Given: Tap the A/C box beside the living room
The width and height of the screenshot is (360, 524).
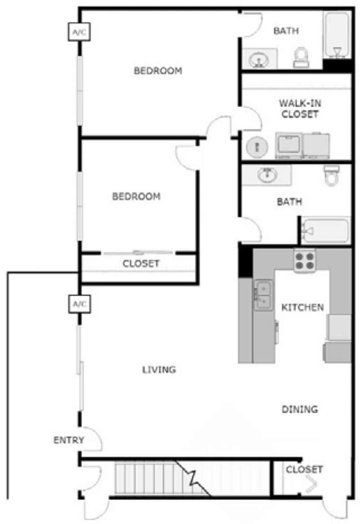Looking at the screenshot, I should click(x=79, y=304).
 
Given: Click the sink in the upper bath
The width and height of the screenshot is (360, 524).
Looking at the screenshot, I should click(x=259, y=59).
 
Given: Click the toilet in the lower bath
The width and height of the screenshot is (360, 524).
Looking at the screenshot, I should click(x=331, y=175).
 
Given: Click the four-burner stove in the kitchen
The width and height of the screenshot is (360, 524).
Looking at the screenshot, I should click(x=305, y=261).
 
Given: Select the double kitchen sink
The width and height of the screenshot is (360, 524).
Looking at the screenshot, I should click(x=263, y=295).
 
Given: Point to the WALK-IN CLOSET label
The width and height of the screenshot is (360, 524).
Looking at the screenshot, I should click(x=299, y=109).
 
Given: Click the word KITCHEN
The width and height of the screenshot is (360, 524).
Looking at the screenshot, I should click(x=302, y=307).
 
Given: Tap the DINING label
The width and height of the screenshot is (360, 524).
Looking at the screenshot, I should click(x=299, y=409).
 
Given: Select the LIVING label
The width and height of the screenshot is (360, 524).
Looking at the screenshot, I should click(x=159, y=370).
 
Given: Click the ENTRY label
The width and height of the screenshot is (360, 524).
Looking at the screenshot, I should click(x=69, y=440).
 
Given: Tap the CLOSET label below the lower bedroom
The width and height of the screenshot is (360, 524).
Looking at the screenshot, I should click(x=141, y=264).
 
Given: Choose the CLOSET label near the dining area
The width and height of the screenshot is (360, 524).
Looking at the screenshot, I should click(x=304, y=470).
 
